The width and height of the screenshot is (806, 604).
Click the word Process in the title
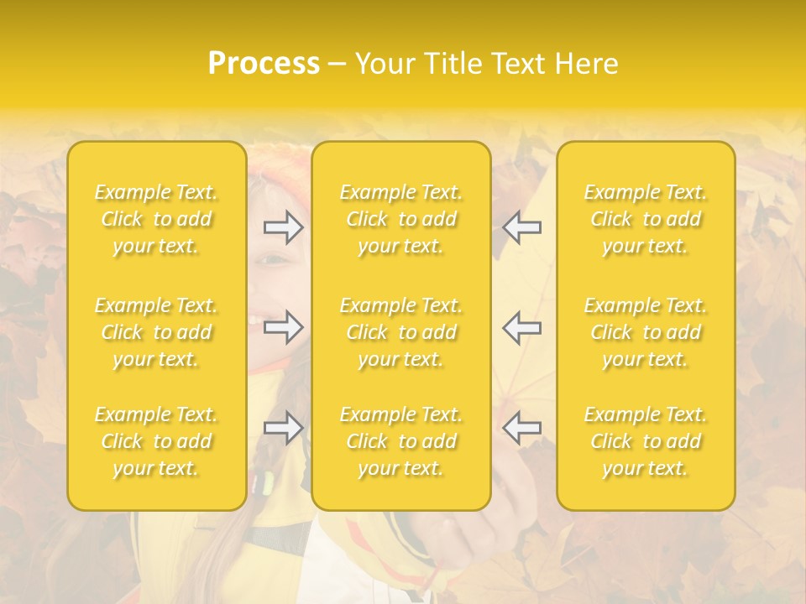click(264, 64)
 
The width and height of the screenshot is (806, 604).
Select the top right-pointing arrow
click(284, 227)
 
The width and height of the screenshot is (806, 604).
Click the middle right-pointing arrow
click(284, 327)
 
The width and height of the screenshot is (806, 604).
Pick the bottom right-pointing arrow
click(284, 428)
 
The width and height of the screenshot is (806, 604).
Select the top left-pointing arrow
click(521, 227)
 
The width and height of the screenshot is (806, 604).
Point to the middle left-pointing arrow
click(521, 327)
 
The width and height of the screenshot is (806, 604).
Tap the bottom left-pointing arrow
click(521, 428)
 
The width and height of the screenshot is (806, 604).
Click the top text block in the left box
click(156, 219)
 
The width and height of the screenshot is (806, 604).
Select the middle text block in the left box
click(156, 332)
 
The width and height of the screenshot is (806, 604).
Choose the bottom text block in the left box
click(156, 441)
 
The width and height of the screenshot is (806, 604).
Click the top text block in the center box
click(401, 219)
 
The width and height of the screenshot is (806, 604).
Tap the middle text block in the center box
click(401, 332)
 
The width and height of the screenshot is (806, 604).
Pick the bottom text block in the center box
click(401, 441)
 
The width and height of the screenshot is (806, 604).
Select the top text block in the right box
click(646, 219)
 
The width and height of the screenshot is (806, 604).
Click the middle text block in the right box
click(646, 332)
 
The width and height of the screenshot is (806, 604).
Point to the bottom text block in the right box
click(646, 441)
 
